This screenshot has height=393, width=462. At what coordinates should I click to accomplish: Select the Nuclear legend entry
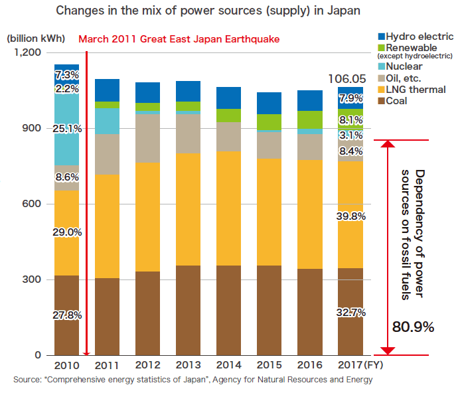point(404,66)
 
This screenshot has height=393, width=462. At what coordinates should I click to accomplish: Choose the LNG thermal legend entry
point(416,90)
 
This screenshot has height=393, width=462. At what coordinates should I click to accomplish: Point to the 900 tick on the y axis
point(33,128)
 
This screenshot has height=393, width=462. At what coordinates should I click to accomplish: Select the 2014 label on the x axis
point(229,366)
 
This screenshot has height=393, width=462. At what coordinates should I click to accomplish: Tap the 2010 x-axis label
point(66,366)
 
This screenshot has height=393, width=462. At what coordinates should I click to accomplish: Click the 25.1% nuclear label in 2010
point(68,129)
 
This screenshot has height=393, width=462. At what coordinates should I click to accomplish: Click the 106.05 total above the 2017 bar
point(348,79)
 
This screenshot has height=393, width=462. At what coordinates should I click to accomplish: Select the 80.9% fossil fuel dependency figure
point(413,327)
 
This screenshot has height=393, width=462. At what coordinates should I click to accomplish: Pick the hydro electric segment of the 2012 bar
point(148,92)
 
